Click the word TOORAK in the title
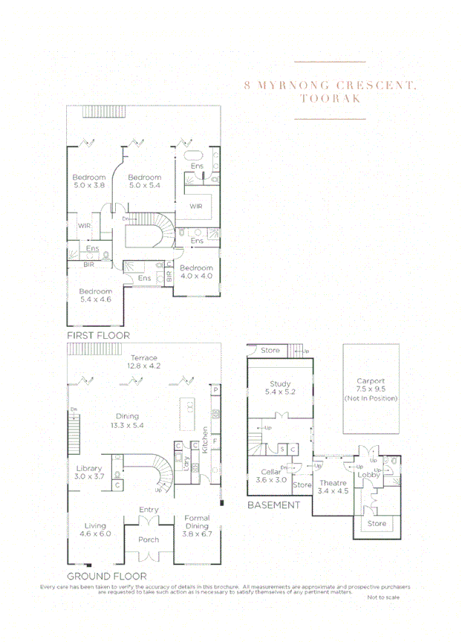(331, 98)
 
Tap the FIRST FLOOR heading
(98, 336)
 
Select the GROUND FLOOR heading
(106, 576)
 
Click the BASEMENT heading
(273, 505)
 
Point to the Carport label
(371, 381)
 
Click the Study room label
(280, 384)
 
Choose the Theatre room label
(334, 483)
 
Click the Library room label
(89, 469)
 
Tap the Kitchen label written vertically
(206, 438)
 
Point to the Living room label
(94, 525)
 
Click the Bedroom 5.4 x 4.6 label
(95, 291)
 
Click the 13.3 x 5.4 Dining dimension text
(128, 426)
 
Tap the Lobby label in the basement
(368, 474)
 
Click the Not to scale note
(383, 597)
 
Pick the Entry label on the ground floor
(149, 509)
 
